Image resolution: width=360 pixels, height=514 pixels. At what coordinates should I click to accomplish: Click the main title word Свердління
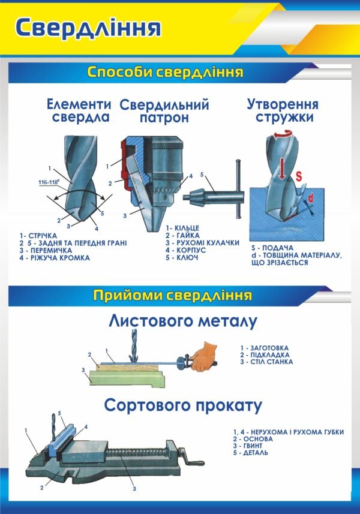click(x=88, y=28)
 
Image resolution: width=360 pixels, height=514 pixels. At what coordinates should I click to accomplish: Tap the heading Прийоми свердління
click(x=172, y=295)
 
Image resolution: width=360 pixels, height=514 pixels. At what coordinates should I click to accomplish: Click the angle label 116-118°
click(x=52, y=181)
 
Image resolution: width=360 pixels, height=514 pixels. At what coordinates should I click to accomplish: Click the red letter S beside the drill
click(x=298, y=176)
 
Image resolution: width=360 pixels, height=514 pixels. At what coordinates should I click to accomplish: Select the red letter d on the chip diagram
click(x=310, y=197)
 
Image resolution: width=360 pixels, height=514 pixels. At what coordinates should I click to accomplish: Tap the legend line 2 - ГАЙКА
click(x=183, y=236)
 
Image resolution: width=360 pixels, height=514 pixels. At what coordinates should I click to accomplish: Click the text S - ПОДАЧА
click(x=272, y=248)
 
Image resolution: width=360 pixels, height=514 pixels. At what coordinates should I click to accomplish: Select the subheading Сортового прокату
click(x=183, y=405)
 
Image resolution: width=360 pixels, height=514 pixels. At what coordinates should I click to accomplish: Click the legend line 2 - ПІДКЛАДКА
click(x=264, y=354)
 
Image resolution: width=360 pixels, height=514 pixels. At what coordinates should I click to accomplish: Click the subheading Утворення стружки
click(x=283, y=110)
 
